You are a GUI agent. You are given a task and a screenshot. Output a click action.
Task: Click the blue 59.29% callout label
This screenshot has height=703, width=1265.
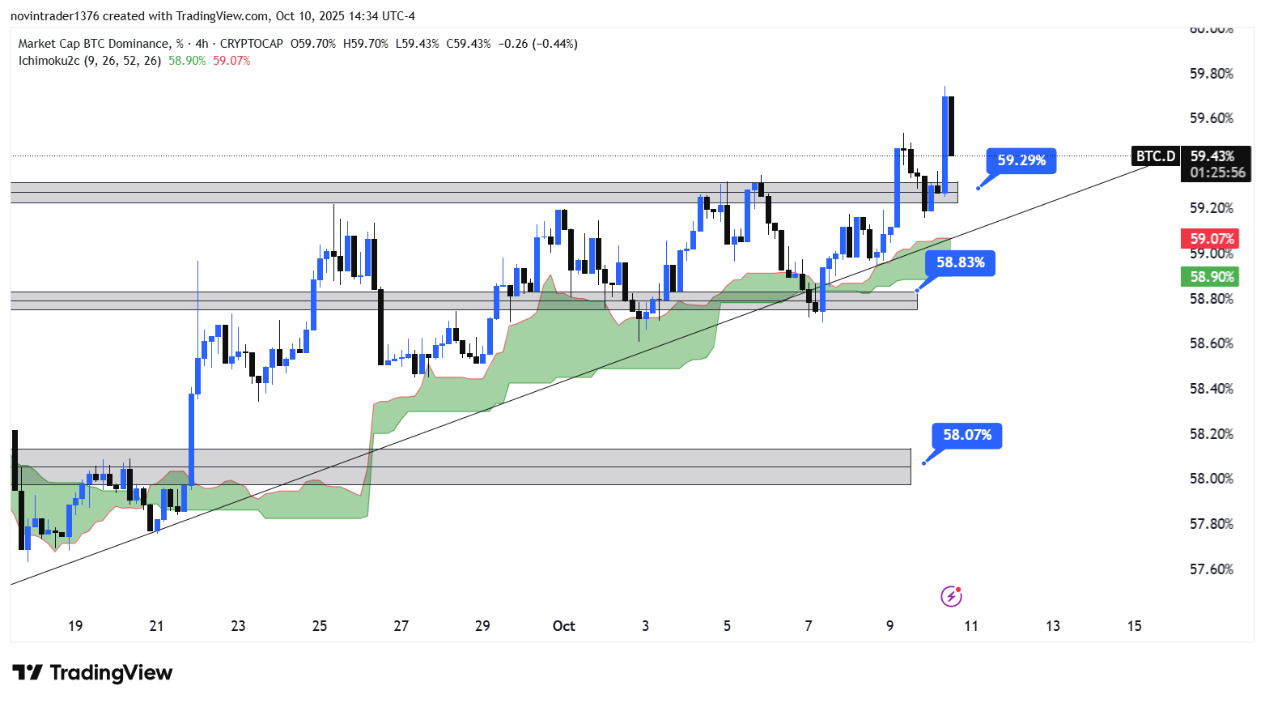pyautogui.click(x=1021, y=160)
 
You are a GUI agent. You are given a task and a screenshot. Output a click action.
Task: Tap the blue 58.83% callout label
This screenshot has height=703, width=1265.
pyautogui.click(x=961, y=262)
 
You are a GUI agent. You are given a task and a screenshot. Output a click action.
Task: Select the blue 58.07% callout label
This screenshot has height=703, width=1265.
pyautogui.click(x=967, y=435)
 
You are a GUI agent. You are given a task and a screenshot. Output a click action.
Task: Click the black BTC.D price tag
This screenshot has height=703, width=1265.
pyautogui.click(x=1155, y=156)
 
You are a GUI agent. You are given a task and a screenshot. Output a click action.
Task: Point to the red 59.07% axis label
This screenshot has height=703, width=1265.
pyautogui.click(x=1212, y=239)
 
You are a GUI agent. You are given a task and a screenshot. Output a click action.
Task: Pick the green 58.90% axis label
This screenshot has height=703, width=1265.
pyautogui.click(x=1212, y=277)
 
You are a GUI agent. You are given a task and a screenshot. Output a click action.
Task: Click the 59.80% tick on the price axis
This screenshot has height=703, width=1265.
pyautogui.click(x=1211, y=74)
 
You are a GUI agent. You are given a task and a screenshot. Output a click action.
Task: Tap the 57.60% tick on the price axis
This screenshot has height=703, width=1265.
pyautogui.click(x=1211, y=569)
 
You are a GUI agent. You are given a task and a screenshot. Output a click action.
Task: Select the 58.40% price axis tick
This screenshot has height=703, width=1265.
pyautogui.click(x=1211, y=389)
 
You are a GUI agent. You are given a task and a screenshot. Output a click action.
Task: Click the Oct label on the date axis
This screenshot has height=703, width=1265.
pyautogui.click(x=563, y=626)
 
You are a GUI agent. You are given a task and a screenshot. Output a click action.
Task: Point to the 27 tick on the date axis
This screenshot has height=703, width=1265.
pyautogui.click(x=401, y=626)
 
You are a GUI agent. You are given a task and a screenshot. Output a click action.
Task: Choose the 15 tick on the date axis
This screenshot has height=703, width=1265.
pyautogui.click(x=1134, y=626)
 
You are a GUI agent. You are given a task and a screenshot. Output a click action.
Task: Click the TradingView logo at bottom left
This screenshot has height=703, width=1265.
pyautogui.click(x=92, y=673)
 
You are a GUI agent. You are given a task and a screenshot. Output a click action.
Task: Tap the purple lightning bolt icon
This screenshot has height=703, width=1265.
pyautogui.click(x=951, y=597)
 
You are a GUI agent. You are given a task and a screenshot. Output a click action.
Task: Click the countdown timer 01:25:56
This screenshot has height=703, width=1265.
pyautogui.click(x=1217, y=173)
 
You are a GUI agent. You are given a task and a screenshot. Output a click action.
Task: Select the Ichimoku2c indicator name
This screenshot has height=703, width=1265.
pyautogui.click(x=49, y=61)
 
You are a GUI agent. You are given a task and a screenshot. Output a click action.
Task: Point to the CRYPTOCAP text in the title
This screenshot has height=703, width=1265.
pyautogui.click(x=251, y=44)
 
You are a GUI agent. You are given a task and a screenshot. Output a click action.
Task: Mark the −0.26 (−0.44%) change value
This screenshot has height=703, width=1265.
pyautogui.click(x=537, y=44)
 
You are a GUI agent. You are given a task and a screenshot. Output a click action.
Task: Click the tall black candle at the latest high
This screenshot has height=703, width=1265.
pyautogui.click(x=951, y=126)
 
